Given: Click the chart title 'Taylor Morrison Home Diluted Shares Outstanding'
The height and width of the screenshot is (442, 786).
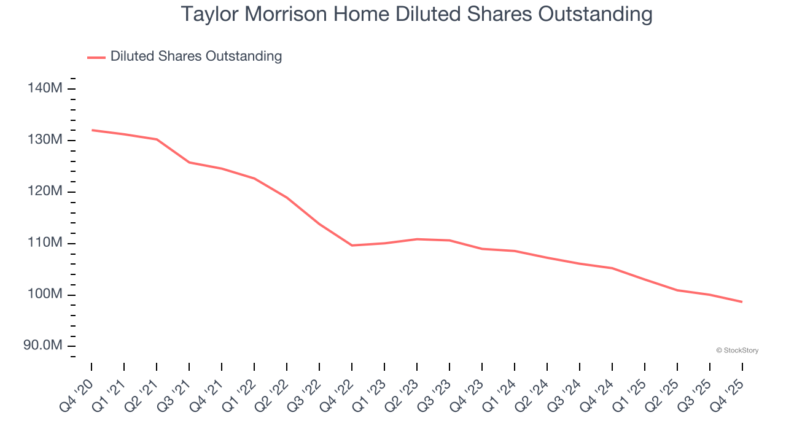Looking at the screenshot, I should click(x=416, y=14).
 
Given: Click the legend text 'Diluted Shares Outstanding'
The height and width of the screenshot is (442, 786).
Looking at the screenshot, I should click(x=196, y=56).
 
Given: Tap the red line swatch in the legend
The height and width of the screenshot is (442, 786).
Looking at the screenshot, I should click(x=96, y=57).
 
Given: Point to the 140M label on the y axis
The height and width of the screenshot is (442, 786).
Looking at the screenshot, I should click(x=45, y=88).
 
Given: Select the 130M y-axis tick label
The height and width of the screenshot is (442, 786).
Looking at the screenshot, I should click(x=45, y=140).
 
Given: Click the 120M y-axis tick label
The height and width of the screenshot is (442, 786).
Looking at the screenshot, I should click(x=45, y=192).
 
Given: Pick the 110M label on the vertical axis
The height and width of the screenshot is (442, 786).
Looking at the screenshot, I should click(x=45, y=243).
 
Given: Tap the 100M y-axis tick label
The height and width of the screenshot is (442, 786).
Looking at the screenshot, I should click(x=45, y=295).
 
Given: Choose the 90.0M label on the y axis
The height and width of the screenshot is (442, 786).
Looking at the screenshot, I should click(x=43, y=346).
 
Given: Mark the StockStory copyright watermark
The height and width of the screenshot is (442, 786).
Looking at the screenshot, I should click(x=737, y=351).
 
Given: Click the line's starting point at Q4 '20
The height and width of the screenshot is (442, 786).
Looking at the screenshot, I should click(x=91, y=130).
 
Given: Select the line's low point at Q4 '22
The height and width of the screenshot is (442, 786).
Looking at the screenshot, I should click(x=352, y=246).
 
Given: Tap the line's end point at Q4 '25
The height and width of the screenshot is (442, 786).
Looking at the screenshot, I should click(x=742, y=302).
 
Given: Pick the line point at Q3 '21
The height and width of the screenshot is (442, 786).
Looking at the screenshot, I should click(x=189, y=162).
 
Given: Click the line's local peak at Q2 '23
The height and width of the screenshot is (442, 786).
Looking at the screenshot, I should click(x=417, y=239).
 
